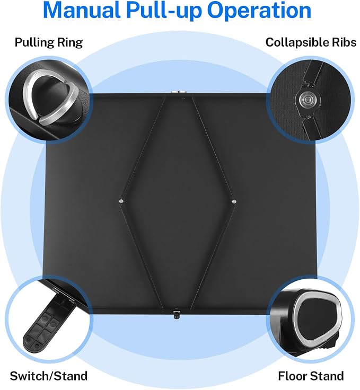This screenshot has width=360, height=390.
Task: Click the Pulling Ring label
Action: pyautogui.click(x=49, y=42)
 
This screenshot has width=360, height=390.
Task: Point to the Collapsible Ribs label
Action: pyautogui.click(x=311, y=42)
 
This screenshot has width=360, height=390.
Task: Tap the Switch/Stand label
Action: pyautogui.click(x=49, y=376)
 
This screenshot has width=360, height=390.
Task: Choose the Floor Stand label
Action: pyautogui.click(x=311, y=376)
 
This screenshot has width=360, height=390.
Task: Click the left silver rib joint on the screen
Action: pyautogui.click(x=121, y=201)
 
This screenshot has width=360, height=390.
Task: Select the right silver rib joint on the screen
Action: pyautogui.click(x=233, y=201)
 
